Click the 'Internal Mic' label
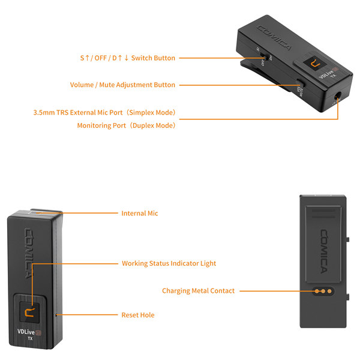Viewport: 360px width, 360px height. coord(140,213)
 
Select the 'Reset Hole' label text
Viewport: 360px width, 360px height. coord(138,314)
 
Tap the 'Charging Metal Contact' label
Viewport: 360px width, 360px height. coord(198,291)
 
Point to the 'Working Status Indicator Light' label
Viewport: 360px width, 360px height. coord(169,263)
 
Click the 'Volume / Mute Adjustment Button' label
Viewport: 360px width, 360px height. coord(122,85)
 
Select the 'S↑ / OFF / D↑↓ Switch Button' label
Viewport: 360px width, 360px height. coord(127,58)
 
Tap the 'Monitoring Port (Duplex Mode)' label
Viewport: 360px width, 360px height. coord(126,126)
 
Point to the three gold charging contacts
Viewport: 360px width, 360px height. coord(323,291)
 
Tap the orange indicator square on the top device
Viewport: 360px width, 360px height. coord(314,64)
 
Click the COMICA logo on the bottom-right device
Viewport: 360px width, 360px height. coord(323,246)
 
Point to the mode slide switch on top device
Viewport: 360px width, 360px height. coord(263,57)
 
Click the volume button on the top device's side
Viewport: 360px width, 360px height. coord(299,85)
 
